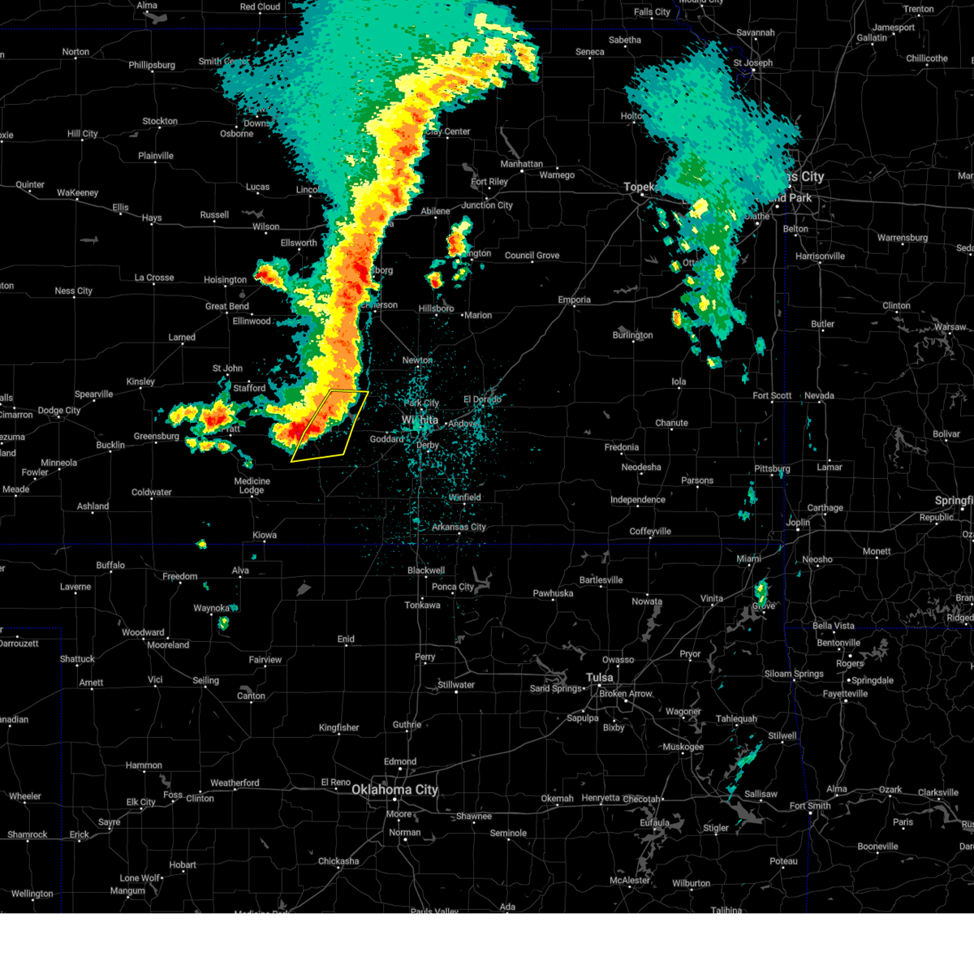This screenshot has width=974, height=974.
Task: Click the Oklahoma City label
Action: pos(394,790)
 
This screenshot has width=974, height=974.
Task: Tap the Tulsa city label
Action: pos(600,678)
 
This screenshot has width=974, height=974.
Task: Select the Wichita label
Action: pos(420,420)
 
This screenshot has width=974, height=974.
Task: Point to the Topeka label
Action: pos(639,187)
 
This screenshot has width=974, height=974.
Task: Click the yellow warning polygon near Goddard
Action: pos(330,425)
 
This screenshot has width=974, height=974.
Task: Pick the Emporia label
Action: pos(574,300)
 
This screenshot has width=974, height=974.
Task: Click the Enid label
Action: pos(346,639)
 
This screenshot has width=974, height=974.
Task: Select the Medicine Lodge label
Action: pos(252,485)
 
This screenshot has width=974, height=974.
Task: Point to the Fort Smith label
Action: pos(809,806)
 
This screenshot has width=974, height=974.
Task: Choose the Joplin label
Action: pos(797,522)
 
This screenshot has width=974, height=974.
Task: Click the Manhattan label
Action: pos(521,164)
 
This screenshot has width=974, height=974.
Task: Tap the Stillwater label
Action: pos(456,685)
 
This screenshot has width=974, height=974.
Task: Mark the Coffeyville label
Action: pos(650,532)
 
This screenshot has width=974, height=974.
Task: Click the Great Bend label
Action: pos(227,306)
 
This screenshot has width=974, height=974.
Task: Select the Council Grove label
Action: pos(532,256)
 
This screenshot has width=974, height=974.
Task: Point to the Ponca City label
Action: pos(453,587)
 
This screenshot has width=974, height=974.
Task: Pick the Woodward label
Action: pos(143,632)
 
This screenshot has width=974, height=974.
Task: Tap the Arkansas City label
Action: pos(459,527)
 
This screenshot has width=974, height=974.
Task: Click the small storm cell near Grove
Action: pos(761,592)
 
